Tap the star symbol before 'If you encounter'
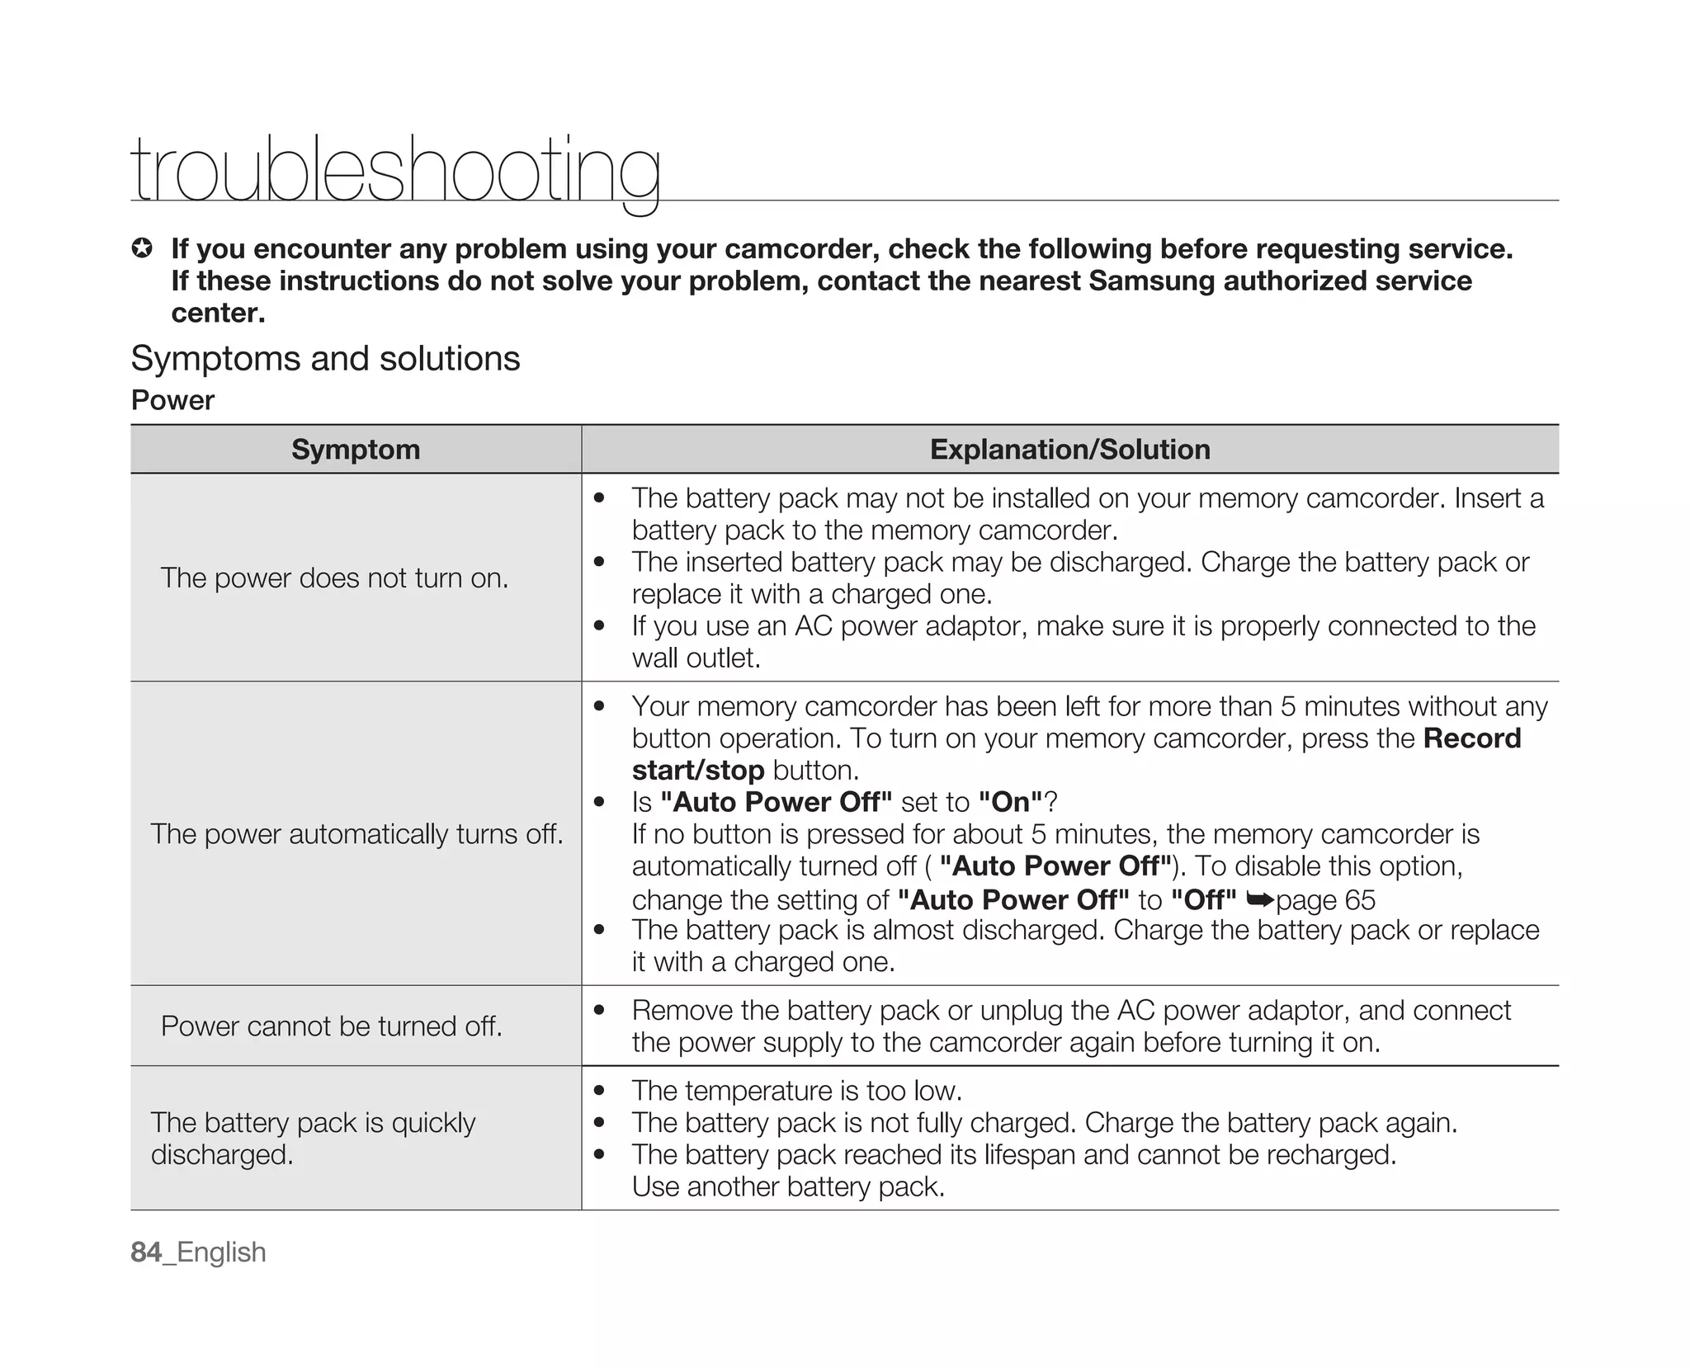tap(142, 248)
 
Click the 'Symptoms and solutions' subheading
tap(325, 359)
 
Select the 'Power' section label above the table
tap(172, 400)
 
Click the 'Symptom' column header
tap(356, 450)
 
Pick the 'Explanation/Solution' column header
tap(1069, 450)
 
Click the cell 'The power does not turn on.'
tap(334, 578)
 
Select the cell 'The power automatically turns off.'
tap(356, 834)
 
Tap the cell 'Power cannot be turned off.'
tap(332, 1026)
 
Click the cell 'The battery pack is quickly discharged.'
tap(313, 1139)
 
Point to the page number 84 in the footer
tap(146, 1252)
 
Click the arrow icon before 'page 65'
tap(1260, 899)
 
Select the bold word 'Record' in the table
tap(1471, 738)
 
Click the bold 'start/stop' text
tap(698, 771)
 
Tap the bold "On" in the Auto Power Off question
tap(1010, 802)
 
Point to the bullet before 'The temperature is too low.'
tap(600, 1091)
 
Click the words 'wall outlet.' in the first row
tap(696, 658)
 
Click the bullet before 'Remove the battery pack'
tap(600, 1011)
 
